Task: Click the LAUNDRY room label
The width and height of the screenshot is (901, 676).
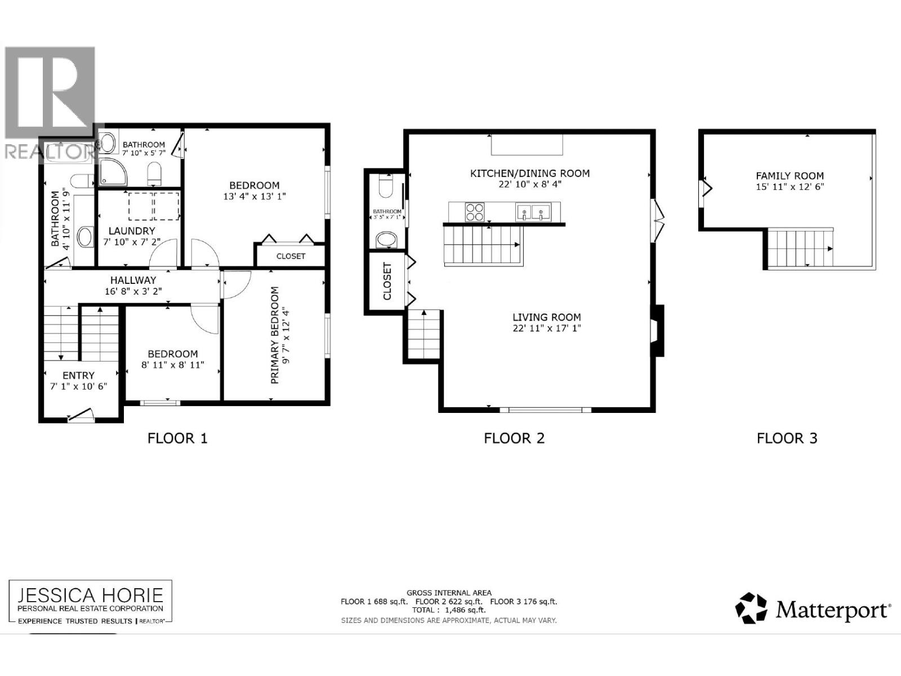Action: coord(132,231)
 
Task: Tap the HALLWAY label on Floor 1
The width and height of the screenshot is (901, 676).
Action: coord(133,280)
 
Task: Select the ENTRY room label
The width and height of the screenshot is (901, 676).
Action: coord(79,375)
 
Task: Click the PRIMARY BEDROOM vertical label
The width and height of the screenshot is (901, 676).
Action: coord(275,335)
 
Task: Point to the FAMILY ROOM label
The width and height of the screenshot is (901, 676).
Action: coord(790,176)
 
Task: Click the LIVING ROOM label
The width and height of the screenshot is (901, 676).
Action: coord(546,317)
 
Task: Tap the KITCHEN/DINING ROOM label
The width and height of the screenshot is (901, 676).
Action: coord(530,173)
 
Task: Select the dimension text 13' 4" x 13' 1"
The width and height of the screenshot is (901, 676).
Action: coord(254,197)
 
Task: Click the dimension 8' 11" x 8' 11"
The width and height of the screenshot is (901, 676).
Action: coord(172,365)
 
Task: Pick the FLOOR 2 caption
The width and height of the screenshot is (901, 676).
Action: coord(514,438)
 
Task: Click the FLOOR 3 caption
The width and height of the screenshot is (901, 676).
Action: coord(787,438)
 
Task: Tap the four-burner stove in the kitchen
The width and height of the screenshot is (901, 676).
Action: coord(474,212)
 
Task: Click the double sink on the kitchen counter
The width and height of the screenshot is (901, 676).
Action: coord(532,213)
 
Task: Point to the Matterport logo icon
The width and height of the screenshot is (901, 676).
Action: coord(751,608)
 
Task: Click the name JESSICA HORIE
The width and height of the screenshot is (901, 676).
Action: coord(90,595)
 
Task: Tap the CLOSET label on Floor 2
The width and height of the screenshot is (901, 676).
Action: coord(387,281)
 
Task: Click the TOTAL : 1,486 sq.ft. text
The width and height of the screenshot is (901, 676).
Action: coord(449,610)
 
